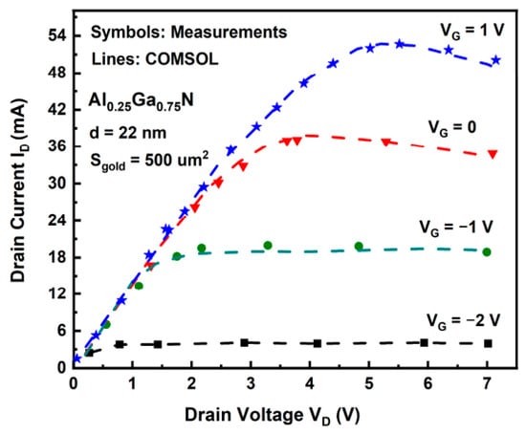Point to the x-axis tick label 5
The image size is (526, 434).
(x=369, y=383)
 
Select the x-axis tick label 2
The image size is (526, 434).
(x=191, y=383)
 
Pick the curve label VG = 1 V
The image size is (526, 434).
(x=472, y=32)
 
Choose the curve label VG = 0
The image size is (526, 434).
(x=452, y=128)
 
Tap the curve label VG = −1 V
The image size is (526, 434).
(x=456, y=228)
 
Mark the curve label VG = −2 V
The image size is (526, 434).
(x=463, y=321)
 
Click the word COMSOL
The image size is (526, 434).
(x=182, y=59)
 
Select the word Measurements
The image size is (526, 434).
(x=229, y=33)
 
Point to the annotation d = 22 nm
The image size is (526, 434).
(x=128, y=133)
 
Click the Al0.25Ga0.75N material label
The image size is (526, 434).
(x=142, y=101)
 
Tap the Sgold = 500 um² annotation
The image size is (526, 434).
(x=149, y=161)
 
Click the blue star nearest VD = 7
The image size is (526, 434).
(x=496, y=60)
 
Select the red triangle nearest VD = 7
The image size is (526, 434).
(x=493, y=154)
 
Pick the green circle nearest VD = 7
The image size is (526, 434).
(x=487, y=252)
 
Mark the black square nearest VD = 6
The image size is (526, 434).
(x=424, y=342)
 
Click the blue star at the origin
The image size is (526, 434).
(x=77, y=358)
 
